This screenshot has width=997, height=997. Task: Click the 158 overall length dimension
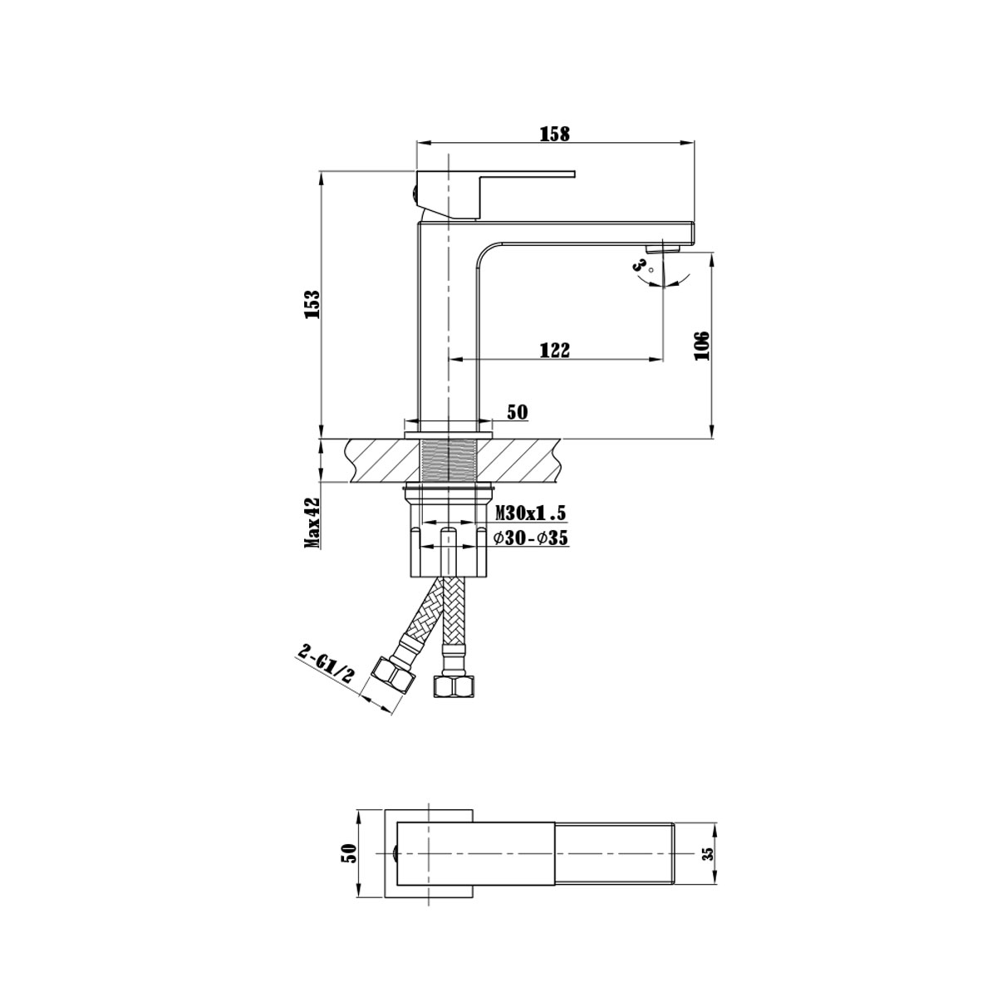pos(554,132)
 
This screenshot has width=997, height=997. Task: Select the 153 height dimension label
pos(312,303)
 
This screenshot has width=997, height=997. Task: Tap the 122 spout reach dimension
pos(554,350)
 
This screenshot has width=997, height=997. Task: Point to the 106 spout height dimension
pos(702,345)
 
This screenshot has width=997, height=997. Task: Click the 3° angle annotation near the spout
pos(641,266)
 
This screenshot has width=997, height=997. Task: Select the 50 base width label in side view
pos(517,413)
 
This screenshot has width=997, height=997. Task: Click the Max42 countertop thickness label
pos(312,524)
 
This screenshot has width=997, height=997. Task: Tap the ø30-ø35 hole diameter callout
pos(531,538)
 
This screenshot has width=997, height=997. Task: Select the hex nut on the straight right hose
pos(451,686)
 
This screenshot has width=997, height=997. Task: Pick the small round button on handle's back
pos(413,195)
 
